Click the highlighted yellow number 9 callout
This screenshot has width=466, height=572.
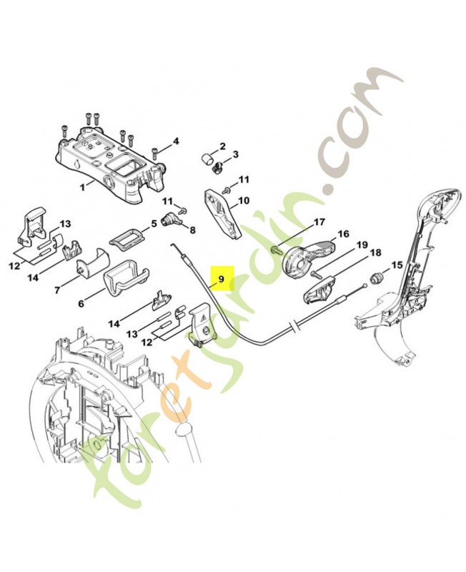pos(222,277)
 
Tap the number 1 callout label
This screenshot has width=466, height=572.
pos(81,185)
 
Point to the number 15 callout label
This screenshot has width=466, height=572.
pos(397,265)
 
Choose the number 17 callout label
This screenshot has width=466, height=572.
pos(319,222)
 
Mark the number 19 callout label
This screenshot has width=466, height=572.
pos(362,245)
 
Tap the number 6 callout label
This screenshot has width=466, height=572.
pos(81,304)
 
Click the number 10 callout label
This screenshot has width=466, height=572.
pos(244,201)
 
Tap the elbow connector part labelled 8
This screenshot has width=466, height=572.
pos(172,220)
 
